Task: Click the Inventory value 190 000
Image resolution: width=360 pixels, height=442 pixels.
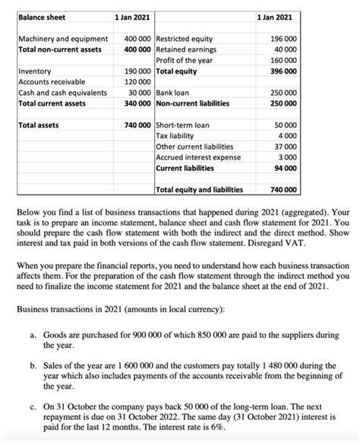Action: tap(137, 71)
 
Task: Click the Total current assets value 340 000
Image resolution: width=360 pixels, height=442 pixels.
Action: tap(137, 103)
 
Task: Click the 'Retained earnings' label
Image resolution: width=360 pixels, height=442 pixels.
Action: tap(185, 49)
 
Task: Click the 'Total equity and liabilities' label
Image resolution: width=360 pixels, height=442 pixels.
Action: tap(199, 190)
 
